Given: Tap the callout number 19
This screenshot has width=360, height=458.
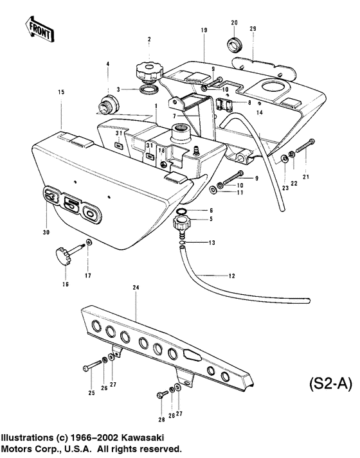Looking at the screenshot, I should click(203, 31).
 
